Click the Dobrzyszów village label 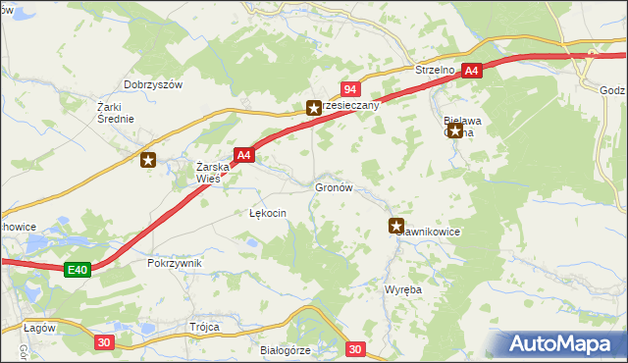(x=154, y=85)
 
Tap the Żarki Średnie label (x=115, y=112)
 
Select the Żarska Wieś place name (x=213, y=173)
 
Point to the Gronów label (x=334, y=186)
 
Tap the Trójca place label (x=205, y=327)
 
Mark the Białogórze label (x=286, y=349)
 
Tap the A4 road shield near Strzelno (x=472, y=71)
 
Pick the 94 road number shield (x=348, y=89)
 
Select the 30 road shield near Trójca (x=105, y=341)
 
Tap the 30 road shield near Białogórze (x=355, y=348)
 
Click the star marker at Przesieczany (x=313, y=108)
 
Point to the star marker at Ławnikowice (x=396, y=225)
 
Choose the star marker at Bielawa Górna (x=455, y=130)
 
